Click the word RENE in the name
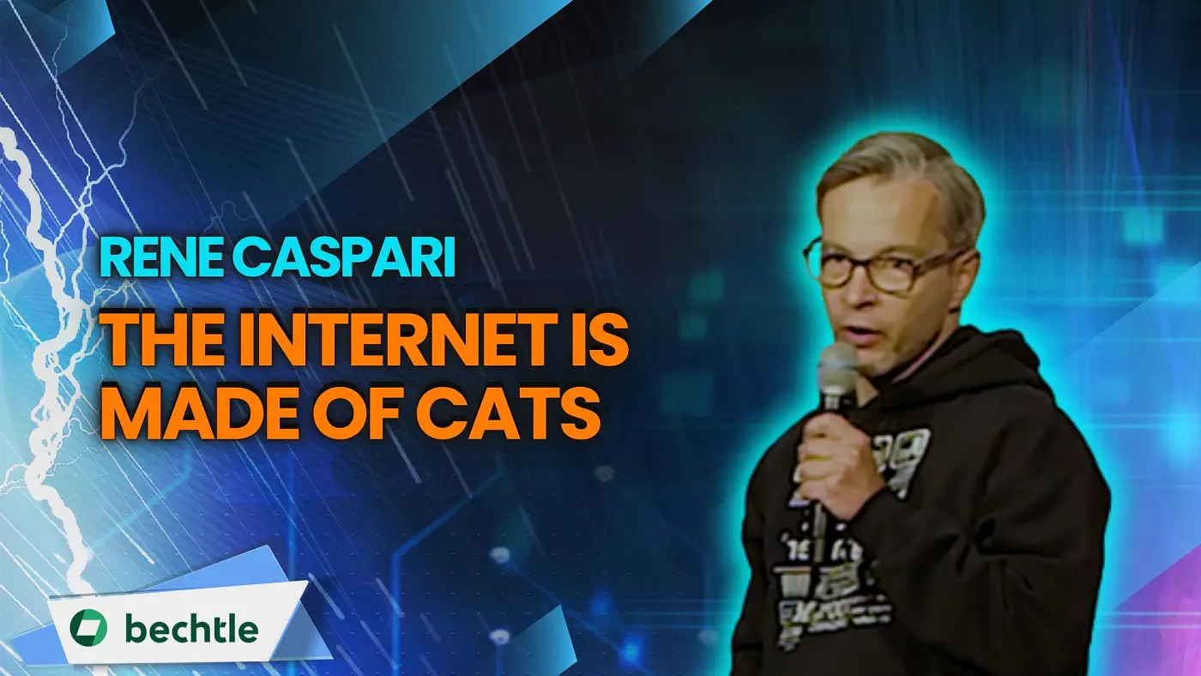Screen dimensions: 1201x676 point(162,259)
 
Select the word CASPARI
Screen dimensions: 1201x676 point(344,259)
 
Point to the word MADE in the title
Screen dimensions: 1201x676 point(203,413)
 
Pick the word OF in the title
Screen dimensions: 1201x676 point(360,413)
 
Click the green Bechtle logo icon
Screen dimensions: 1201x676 point(88,627)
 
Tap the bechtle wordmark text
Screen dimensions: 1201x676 point(191,628)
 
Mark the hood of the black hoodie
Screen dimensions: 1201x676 point(965,365)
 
